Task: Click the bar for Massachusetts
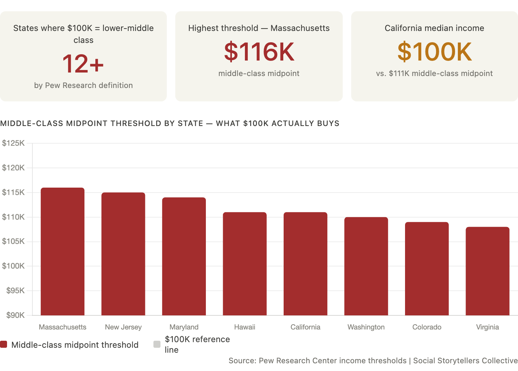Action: tap(62, 251)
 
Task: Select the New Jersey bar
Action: tap(123, 254)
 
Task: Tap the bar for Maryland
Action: tap(184, 256)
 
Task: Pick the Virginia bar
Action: tap(487, 271)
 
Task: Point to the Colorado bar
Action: tap(427, 269)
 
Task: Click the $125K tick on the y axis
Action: tap(13, 143)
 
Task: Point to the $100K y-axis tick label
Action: tap(13, 266)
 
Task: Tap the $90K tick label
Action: tap(15, 315)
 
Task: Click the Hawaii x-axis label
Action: tap(245, 327)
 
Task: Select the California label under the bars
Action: tap(305, 327)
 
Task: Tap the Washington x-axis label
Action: tap(366, 327)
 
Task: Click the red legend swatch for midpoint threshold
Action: tap(4, 344)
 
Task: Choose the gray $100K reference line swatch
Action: tap(157, 344)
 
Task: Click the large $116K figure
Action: tap(259, 51)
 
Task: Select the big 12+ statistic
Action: tap(83, 64)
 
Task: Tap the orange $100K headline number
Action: tap(435, 51)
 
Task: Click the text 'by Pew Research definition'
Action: tap(83, 85)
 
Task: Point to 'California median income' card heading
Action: tap(435, 28)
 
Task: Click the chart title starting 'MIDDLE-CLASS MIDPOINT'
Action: tap(170, 123)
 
